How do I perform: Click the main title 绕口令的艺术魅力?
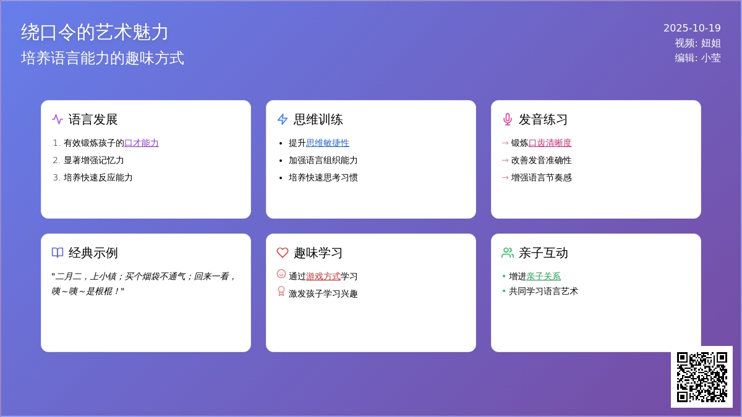click(x=95, y=32)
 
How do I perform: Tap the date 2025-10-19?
click(x=692, y=28)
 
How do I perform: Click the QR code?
click(x=702, y=377)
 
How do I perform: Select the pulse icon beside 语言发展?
click(x=58, y=119)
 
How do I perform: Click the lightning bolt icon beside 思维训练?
click(x=282, y=119)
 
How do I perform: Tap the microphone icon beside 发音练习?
click(x=507, y=119)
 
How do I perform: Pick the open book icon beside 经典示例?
click(x=58, y=253)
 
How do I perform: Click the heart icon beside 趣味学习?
click(x=282, y=253)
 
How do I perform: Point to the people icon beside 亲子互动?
click(x=508, y=253)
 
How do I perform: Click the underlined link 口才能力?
click(x=142, y=143)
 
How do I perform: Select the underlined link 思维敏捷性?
click(x=327, y=143)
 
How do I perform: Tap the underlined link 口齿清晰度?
click(x=550, y=143)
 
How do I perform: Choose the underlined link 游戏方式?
click(x=323, y=276)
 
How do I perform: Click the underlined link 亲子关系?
click(x=544, y=276)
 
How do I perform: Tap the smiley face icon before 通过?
click(x=281, y=274)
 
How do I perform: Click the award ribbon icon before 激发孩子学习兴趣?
click(x=281, y=291)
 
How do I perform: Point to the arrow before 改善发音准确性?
click(x=505, y=161)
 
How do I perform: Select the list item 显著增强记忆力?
click(x=93, y=161)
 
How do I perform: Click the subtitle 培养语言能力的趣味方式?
click(x=103, y=58)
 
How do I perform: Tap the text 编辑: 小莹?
click(x=697, y=58)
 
